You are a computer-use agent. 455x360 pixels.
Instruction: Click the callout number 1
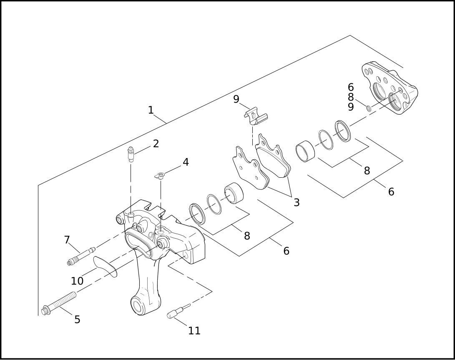[151, 110]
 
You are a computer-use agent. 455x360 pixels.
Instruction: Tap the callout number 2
[156, 143]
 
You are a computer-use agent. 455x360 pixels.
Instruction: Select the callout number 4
[186, 162]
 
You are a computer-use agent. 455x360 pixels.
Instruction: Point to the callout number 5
[77, 320]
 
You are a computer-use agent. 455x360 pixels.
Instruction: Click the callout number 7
[67, 239]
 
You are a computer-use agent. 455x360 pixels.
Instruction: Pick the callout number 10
[77, 281]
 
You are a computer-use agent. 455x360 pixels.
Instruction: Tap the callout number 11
[194, 330]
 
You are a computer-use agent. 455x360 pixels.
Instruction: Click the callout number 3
[296, 202]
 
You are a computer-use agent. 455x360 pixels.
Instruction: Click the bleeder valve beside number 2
[131, 155]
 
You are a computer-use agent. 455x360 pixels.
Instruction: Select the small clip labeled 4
[160, 175]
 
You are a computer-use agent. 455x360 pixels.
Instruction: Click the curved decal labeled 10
[106, 266]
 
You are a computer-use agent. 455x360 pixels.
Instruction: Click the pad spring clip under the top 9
[255, 116]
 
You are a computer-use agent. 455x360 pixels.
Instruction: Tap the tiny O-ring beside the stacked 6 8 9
[369, 108]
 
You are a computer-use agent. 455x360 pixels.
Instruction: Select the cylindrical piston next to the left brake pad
[234, 193]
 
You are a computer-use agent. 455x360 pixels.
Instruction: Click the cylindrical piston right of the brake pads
[305, 151]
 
